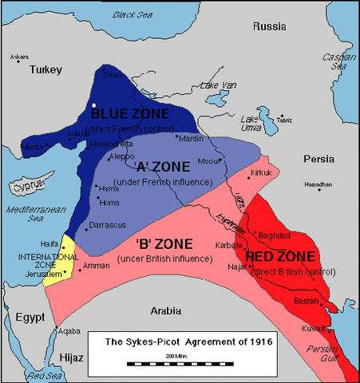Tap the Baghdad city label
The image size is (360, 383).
[x=275, y=236]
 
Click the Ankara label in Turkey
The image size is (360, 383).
[x=18, y=57]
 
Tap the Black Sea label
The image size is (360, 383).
[x=134, y=15]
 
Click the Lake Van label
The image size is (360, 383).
[x=218, y=85]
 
